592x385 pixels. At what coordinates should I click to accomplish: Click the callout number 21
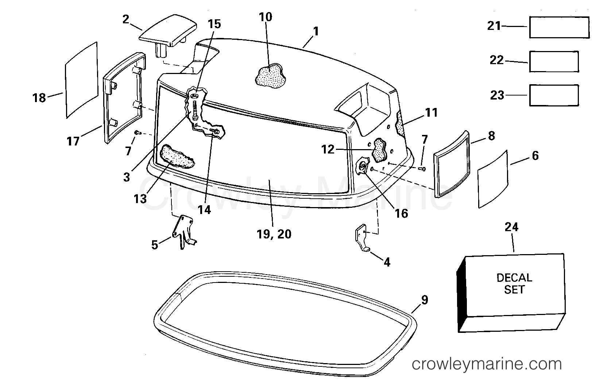point(494,26)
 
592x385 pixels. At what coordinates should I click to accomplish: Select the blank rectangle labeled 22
point(554,62)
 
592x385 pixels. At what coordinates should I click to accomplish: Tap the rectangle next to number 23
point(554,96)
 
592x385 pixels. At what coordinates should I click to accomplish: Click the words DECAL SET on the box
point(514,284)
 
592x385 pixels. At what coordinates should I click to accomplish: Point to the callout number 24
point(511,227)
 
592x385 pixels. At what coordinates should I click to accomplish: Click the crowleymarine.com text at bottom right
point(487,364)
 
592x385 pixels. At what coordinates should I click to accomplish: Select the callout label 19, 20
point(274,234)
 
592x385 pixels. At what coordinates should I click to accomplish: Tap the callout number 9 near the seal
point(425,300)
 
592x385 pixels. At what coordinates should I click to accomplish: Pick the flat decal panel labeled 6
point(493,179)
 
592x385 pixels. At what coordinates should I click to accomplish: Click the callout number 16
point(402,213)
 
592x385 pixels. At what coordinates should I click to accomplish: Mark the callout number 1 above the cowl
point(316,31)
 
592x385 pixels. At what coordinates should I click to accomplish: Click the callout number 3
point(127,176)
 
